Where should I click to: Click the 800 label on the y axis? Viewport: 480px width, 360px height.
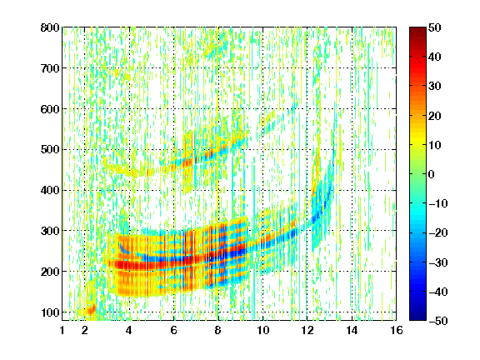click(x=50, y=27)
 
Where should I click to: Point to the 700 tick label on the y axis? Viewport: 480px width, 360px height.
click(x=50, y=68)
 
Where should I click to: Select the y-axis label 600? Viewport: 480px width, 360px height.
click(x=50, y=109)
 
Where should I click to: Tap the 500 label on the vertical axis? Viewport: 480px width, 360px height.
click(x=50, y=150)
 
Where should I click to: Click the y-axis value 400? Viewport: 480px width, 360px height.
click(x=50, y=190)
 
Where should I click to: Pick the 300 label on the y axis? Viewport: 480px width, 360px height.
click(x=50, y=231)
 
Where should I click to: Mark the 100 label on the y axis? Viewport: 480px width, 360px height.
click(x=50, y=312)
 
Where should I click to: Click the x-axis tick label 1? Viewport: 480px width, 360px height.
click(x=62, y=330)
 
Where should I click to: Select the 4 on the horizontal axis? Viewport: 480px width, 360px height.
click(x=129, y=330)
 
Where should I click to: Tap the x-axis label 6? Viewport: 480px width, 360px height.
click(x=173, y=330)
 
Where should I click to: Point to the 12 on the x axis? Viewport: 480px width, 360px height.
click(x=307, y=330)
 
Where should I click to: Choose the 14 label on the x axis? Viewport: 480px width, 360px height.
click(x=352, y=330)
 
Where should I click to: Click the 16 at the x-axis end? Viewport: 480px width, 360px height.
click(x=397, y=330)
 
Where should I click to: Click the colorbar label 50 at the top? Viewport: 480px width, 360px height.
click(x=435, y=27)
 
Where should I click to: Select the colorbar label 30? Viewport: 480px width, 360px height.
click(x=435, y=87)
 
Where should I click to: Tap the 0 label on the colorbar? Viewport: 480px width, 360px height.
click(x=432, y=174)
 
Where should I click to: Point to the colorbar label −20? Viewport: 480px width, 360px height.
click(x=438, y=233)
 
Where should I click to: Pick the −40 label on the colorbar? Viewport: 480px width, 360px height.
click(x=438, y=292)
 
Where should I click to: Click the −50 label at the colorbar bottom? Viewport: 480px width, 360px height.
click(x=438, y=321)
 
